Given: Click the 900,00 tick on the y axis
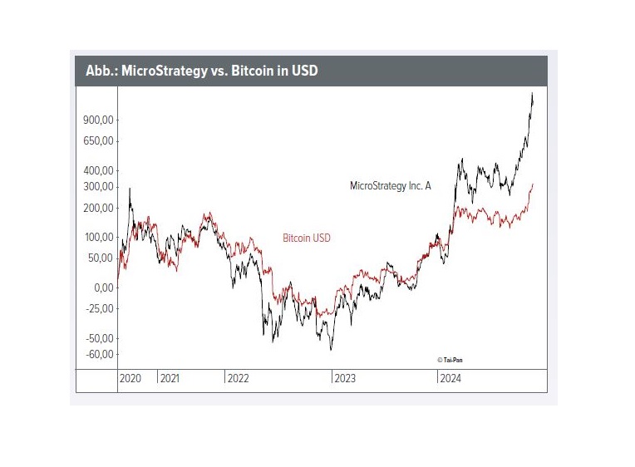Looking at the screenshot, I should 97,120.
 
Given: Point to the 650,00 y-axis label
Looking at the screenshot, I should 97,140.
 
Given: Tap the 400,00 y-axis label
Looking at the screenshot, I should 97,170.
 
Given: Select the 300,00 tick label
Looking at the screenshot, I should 97,186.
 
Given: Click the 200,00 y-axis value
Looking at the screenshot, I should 97,207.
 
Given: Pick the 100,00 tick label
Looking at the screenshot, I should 97,237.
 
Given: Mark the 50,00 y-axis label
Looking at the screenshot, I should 100,257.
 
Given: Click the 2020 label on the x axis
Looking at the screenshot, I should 130,378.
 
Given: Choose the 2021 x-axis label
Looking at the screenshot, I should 170,378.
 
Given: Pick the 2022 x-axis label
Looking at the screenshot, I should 238,378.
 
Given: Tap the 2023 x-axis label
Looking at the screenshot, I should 345,378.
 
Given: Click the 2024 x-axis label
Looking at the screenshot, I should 451,378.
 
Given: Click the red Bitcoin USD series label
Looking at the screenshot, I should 306,238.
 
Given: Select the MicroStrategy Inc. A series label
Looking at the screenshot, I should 391,186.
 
